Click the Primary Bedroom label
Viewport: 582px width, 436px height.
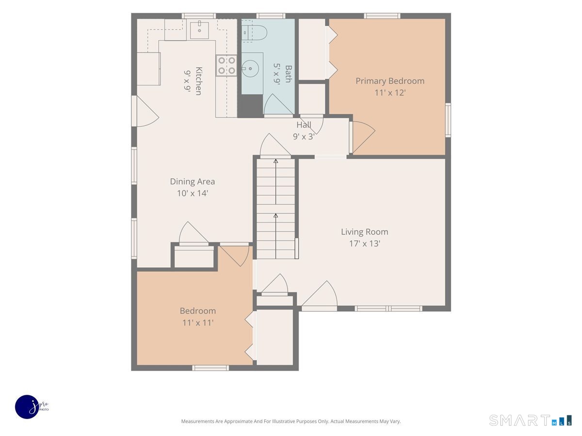390,81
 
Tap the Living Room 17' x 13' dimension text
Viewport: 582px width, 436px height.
365,244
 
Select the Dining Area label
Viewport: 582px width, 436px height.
192,182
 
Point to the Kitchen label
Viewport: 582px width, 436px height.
198,81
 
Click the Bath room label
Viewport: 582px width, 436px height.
288,74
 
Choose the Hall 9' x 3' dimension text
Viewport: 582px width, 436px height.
304,137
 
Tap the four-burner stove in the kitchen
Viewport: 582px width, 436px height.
226,65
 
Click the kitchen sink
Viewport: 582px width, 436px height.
199,31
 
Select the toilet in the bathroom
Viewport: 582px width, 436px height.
254,33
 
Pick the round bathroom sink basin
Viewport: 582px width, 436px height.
250,69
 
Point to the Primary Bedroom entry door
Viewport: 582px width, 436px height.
362,137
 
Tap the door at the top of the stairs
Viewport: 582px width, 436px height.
275,146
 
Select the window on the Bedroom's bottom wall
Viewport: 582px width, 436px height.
210,368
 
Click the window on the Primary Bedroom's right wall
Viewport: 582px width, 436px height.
448,120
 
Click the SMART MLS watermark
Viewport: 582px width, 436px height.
530,420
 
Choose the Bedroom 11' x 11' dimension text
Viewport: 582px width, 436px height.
198,323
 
